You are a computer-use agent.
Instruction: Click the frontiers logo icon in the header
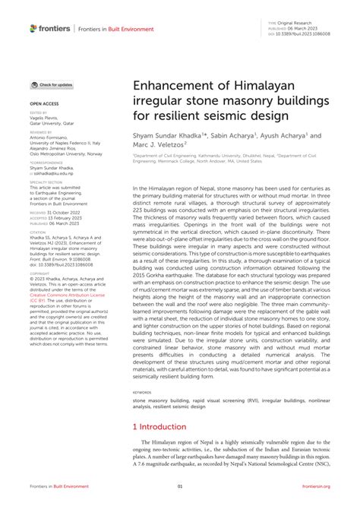[x=33, y=28]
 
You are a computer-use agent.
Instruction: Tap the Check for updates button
[x=52, y=85]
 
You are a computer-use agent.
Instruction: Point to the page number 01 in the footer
[x=180, y=486]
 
